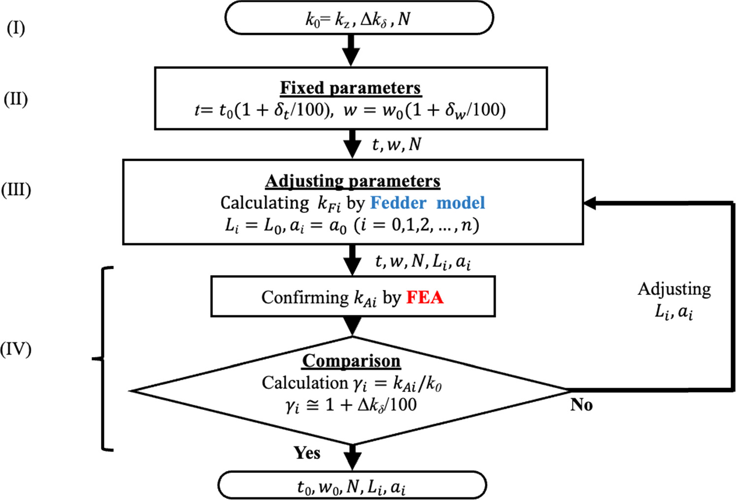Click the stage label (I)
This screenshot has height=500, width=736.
[16, 29]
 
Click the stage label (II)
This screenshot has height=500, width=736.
[16, 99]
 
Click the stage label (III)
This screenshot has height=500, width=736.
[16, 190]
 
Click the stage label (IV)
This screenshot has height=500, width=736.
[16, 349]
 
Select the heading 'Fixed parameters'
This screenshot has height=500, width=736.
[350, 88]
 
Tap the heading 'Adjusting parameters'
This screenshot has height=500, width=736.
[352, 181]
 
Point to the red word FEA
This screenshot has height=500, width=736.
[425, 297]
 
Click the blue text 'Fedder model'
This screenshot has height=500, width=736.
[427, 203]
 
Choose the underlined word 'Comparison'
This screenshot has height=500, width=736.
[351, 360]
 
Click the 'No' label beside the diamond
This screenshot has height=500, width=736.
[581, 405]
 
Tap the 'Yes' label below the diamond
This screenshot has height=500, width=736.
[307, 453]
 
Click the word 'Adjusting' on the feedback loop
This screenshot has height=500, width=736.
[674, 289]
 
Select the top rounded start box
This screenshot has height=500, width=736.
[359, 19]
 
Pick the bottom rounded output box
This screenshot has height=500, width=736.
[352, 486]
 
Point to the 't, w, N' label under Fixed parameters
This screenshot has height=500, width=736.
[396, 144]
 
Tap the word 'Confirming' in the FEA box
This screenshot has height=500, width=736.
[305, 297]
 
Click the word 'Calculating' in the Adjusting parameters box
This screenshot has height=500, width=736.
[265, 203]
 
